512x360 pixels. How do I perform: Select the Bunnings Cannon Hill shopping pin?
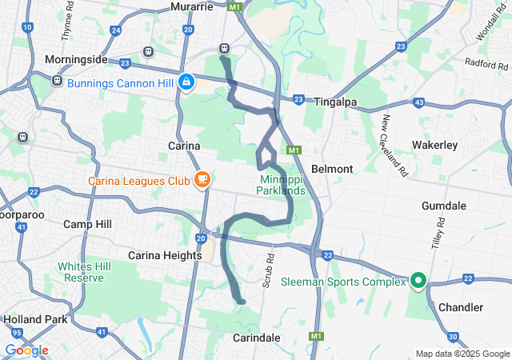[x=186, y=82]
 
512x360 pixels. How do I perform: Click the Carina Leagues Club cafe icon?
[x=202, y=179]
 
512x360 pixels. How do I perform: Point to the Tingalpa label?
[x=334, y=102]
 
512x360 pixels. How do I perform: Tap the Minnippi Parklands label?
[x=281, y=186]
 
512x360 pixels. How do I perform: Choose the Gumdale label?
[x=444, y=206]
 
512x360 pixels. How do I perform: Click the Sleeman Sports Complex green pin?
[x=418, y=281]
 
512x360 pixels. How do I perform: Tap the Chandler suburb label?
[x=460, y=307]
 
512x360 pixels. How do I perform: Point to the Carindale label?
[x=258, y=338]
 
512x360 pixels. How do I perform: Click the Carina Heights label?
[x=166, y=254]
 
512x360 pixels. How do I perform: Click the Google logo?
[x=26, y=350]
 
